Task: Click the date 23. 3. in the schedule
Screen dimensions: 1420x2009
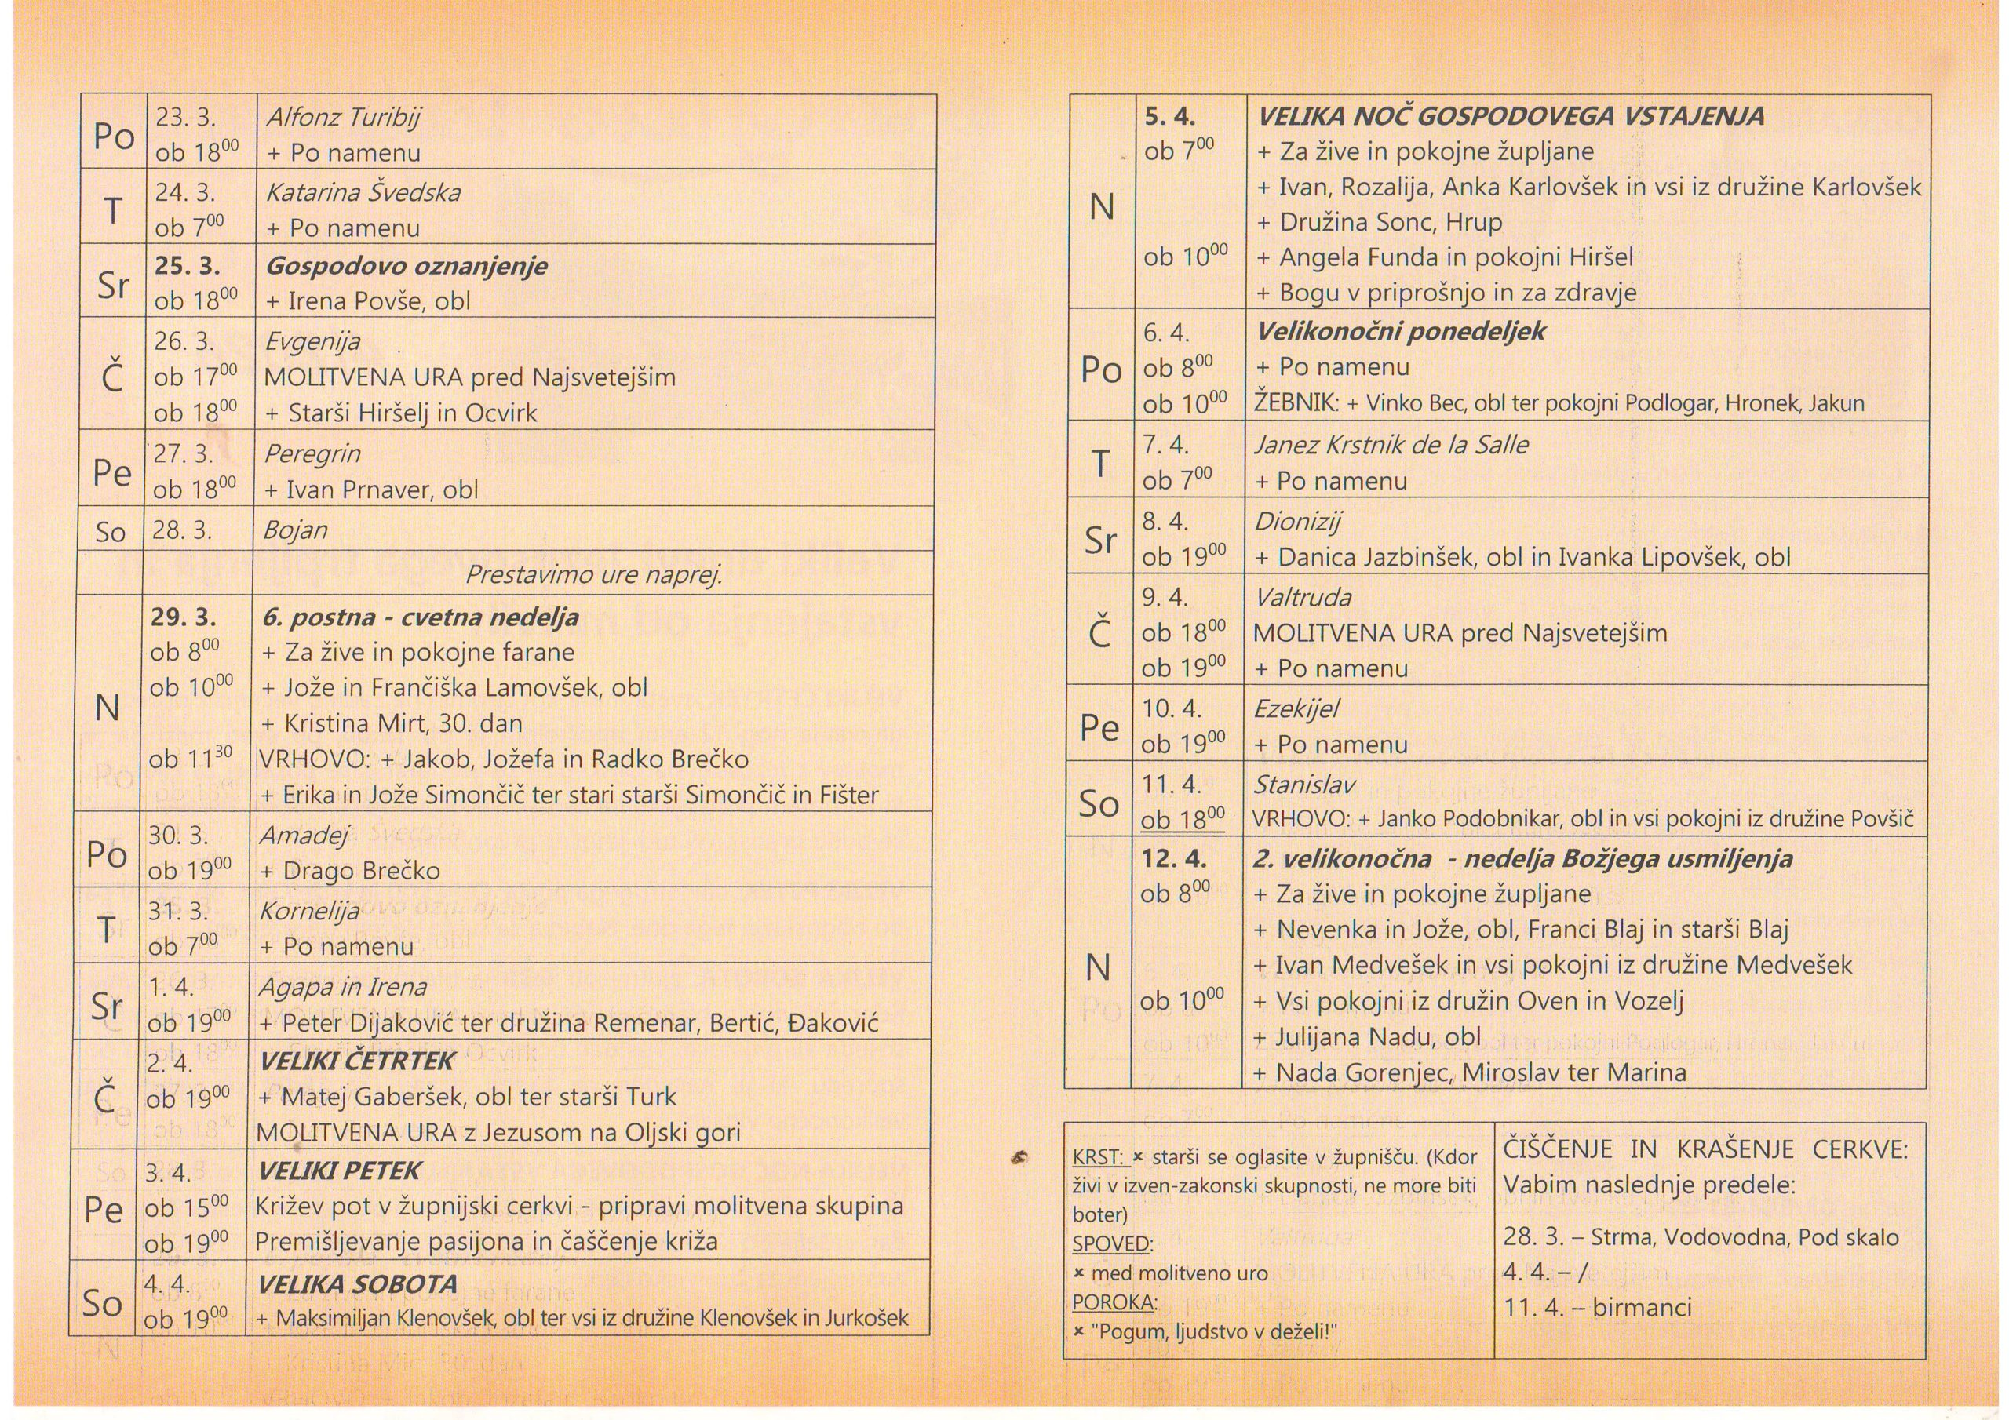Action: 185,117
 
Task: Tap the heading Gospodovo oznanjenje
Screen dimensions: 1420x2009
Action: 406,266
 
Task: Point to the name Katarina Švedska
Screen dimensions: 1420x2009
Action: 363,192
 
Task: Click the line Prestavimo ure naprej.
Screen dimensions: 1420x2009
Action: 593,575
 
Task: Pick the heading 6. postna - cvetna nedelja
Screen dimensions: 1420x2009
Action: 420,617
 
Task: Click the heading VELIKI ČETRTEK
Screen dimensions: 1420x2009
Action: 357,1061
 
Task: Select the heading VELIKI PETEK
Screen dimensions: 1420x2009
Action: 340,1171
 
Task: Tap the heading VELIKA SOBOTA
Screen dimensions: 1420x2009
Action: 357,1284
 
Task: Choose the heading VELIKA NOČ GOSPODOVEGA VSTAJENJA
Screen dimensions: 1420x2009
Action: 1510,116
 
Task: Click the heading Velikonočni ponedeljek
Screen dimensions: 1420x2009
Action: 1400,332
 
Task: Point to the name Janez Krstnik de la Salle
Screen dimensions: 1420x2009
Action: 1391,446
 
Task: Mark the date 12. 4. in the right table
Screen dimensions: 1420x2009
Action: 1173,858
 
